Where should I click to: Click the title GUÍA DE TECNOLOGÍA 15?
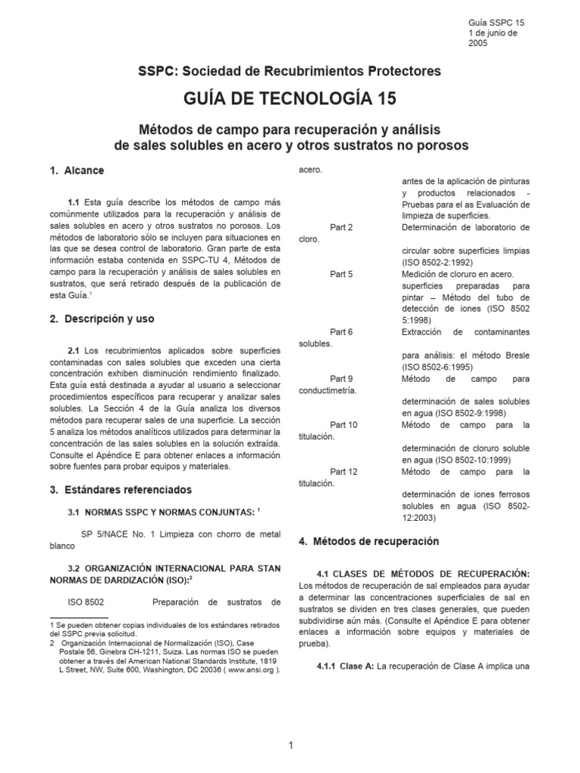(289, 98)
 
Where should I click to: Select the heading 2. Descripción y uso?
(102, 319)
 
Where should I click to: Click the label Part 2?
(341, 227)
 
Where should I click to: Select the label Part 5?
(341, 274)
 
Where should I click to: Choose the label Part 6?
(341, 331)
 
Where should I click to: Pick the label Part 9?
(341, 378)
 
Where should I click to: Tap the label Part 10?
(344, 425)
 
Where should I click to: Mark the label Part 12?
(344, 472)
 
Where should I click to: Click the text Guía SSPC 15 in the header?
(496, 23)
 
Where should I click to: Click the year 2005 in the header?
(479, 43)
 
